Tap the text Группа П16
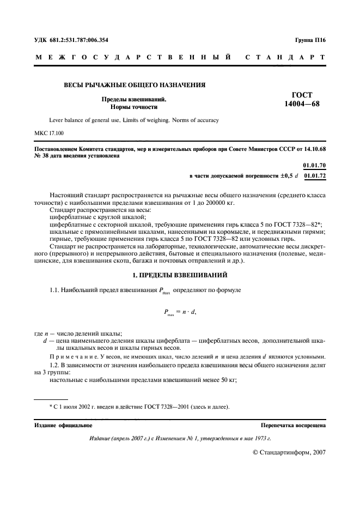(310, 40)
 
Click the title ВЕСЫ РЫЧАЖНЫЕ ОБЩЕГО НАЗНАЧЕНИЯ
(135, 85)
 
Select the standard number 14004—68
(302, 105)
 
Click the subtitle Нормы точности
(134, 107)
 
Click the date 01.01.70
(314, 165)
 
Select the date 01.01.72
(314, 176)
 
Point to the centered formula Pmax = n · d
(180, 312)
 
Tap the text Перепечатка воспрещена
(293, 425)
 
